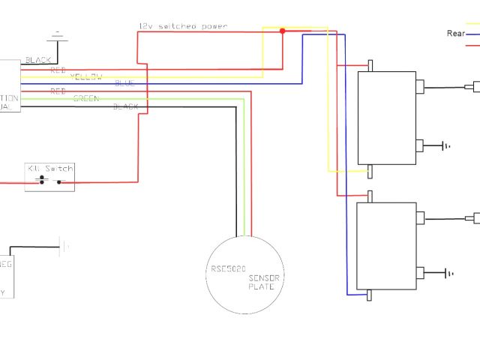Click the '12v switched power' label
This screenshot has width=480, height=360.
pyautogui.click(x=182, y=26)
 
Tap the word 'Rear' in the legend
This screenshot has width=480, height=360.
pyautogui.click(x=456, y=33)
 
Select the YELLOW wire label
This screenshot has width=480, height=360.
pyautogui.click(x=86, y=76)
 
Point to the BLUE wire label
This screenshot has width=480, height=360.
pyautogui.click(x=125, y=84)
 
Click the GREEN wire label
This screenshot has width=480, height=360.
pyautogui.click(x=85, y=99)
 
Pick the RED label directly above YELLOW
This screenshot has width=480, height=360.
pyautogui.click(x=58, y=69)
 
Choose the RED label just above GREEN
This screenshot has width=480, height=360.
pyautogui.click(x=58, y=91)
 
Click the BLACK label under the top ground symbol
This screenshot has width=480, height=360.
pyautogui.click(x=39, y=59)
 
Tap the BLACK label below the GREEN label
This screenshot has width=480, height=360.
pyautogui.click(x=125, y=107)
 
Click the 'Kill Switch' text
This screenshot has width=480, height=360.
pyautogui.click(x=50, y=169)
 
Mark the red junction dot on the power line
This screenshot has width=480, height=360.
pyautogui.click(x=283, y=31)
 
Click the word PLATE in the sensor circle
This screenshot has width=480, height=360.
pyautogui.click(x=264, y=286)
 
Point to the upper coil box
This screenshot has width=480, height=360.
pyautogui.click(x=386, y=117)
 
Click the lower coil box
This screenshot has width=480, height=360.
pyautogui.click(x=386, y=246)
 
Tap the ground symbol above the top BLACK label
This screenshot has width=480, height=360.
pyautogui.click(x=57, y=34)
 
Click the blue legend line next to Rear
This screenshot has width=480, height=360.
pyautogui.click(x=473, y=34)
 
